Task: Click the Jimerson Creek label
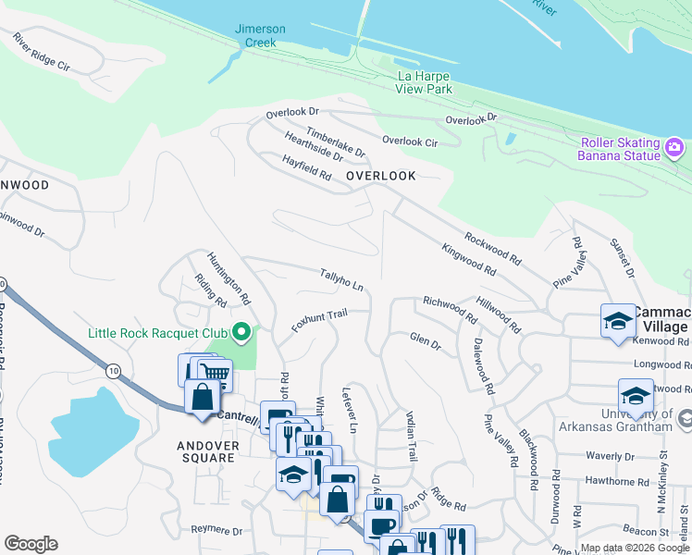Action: click(x=260, y=36)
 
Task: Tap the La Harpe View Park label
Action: click(x=425, y=82)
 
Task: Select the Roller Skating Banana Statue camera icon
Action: click(x=674, y=146)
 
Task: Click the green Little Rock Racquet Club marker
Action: click(x=241, y=331)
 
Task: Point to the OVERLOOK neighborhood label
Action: click(x=380, y=176)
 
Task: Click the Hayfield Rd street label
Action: click(x=307, y=167)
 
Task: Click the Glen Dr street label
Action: click(x=425, y=341)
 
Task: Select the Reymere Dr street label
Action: click(x=216, y=532)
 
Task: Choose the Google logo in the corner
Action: click(x=31, y=544)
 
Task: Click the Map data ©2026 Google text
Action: click(x=635, y=548)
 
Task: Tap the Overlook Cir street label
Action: click(x=410, y=141)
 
